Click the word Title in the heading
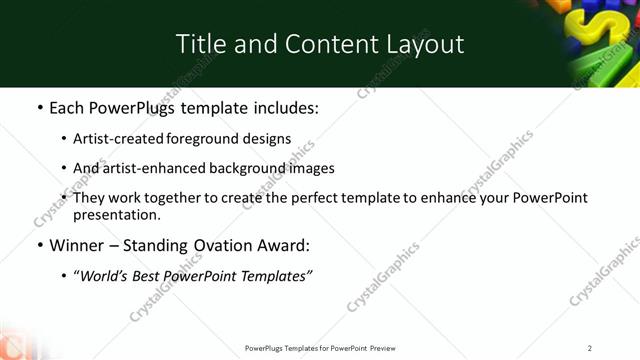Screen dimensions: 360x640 [199, 44]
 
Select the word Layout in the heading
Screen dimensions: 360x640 [426, 44]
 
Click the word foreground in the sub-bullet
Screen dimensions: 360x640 [211, 139]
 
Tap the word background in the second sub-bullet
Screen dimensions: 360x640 [251, 168]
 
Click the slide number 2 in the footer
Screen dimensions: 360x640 [590, 348]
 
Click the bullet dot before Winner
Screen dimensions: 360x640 [39, 245]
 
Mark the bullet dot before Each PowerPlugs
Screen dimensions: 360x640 [39, 108]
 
